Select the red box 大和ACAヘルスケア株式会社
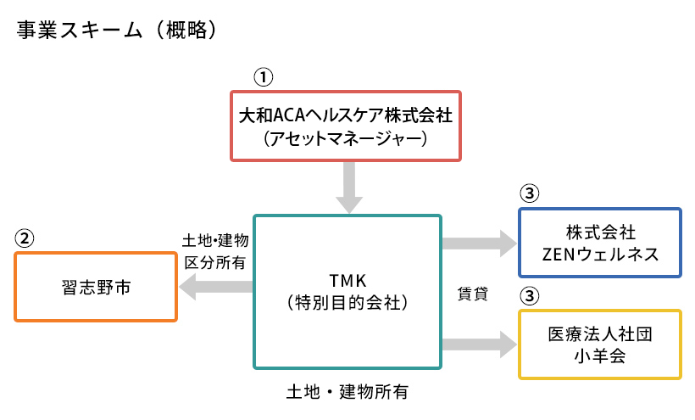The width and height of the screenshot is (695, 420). click(x=347, y=124)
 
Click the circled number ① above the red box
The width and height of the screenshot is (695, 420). click(x=264, y=76)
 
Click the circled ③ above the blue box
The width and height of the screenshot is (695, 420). click(x=529, y=194)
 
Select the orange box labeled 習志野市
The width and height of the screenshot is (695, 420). click(x=96, y=286)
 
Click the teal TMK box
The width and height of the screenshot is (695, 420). click(x=347, y=291)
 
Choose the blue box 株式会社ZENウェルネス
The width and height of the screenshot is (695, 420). click(x=599, y=242)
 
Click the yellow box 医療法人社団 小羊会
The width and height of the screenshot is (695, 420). click(x=599, y=344)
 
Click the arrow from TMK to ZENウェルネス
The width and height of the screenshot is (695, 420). click(x=479, y=244)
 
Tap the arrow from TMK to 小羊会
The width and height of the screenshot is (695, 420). click(x=479, y=344)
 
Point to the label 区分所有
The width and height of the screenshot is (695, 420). click(x=215, y=262)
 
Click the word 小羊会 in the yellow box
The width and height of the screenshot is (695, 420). click(x=599, y=356)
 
